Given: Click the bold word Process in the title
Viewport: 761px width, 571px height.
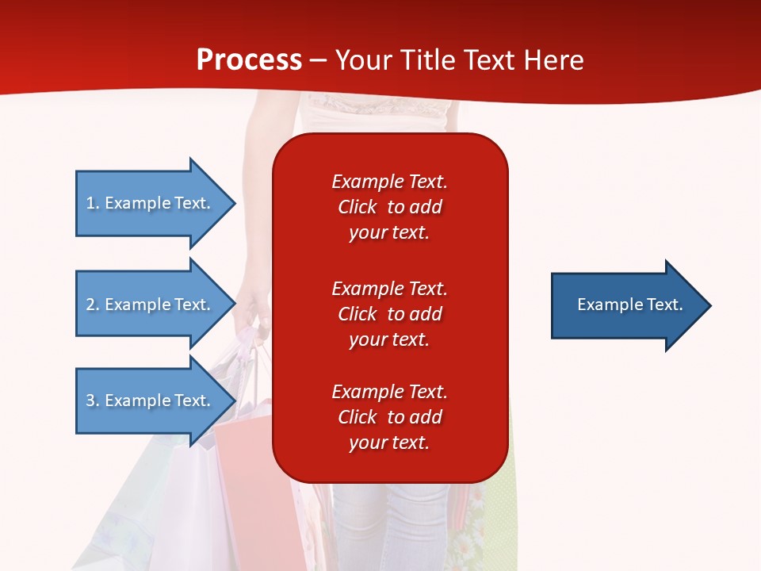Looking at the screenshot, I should point(249,60).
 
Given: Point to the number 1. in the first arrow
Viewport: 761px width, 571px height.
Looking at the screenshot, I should point(93,203).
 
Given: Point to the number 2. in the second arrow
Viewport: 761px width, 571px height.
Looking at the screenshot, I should point(93,305).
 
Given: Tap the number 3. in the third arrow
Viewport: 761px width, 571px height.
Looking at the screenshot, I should point(93,400).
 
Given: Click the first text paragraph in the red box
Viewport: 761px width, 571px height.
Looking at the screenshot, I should point(389,207).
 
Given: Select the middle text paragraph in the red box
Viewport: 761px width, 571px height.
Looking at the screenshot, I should point(389,314).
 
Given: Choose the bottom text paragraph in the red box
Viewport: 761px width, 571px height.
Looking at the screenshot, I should point(389,417).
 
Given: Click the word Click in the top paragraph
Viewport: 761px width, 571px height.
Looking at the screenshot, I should point(357,207).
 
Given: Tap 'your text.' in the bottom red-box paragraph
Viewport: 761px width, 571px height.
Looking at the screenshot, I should point(389,443).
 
